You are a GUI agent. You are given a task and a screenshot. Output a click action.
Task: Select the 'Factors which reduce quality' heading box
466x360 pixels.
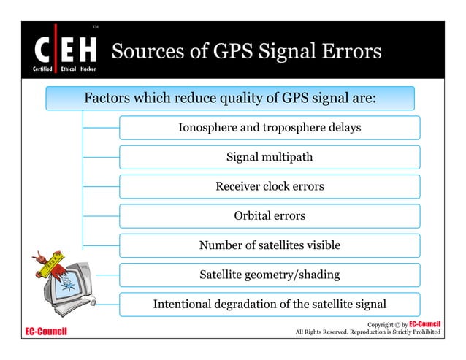click(x=230, y=98)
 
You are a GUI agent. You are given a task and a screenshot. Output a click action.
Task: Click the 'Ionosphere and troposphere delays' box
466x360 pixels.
click(x=270, y=128)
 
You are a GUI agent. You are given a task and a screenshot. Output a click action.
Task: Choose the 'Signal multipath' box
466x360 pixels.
click(x=270, y=157)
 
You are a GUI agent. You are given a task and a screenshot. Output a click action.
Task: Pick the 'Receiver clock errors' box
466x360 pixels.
click(x=270, y=187)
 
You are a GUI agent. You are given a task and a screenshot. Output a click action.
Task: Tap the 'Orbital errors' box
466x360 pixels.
click(x=270, y=216)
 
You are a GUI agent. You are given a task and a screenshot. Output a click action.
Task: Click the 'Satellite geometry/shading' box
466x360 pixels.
click(x=270, y=275)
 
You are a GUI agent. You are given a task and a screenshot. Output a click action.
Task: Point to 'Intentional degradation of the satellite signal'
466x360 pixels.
click(x=270, y=305)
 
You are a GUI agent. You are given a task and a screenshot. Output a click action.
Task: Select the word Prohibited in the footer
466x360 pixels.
click(x=423, y=333)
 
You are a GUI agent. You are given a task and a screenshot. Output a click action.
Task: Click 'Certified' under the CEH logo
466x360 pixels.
click(x=39, y=68)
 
